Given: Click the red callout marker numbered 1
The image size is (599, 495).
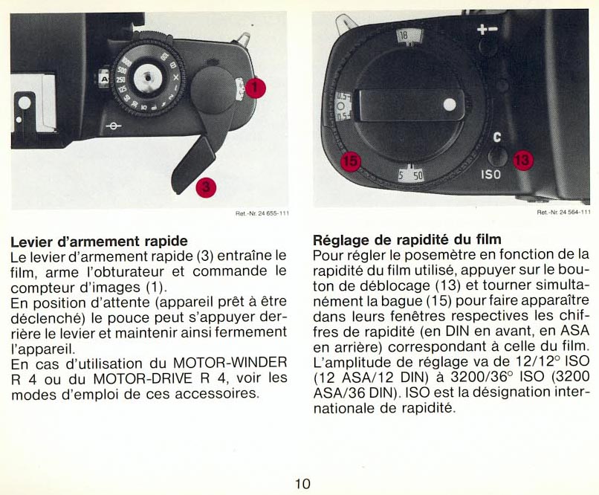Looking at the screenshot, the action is coord(256,88).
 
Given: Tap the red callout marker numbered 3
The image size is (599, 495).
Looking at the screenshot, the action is coord(206,187).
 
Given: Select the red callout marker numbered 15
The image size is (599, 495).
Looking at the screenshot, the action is coord(350,161).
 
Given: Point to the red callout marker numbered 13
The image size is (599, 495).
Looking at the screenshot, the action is coord(522,160).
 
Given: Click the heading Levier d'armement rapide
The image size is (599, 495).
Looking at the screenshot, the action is coord(100,242).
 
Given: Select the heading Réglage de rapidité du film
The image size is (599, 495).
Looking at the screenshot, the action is coord(407,240).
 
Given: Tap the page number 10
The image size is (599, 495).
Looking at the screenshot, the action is coord(302,484).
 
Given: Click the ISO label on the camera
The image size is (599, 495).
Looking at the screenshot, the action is coord(490,175).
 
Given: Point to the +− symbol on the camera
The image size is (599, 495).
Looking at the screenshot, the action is coord(488,29).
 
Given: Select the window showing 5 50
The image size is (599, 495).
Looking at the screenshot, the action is coord(411,175).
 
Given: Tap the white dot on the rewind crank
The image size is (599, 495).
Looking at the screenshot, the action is coord(450,104).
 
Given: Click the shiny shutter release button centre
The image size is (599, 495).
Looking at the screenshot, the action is coord(148,78).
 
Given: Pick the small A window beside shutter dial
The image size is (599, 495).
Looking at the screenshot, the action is coord(103,79).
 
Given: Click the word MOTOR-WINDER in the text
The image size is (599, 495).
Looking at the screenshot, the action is coord(230,362).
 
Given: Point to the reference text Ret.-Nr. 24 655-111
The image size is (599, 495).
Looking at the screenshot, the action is coord(262,213).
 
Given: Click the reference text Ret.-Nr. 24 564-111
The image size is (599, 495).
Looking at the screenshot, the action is coord(563,212).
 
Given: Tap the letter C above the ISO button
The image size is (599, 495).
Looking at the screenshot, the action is coord(496,137).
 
